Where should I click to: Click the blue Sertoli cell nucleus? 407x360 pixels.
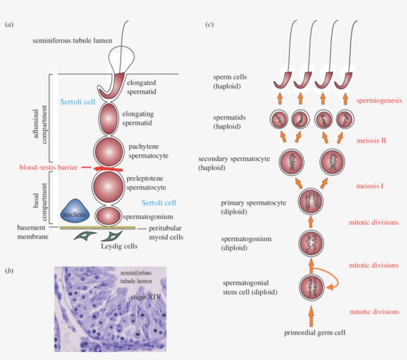(75, 213)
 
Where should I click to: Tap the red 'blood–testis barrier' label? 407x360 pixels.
(48, 168)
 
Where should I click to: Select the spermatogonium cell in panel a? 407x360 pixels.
(108, 216)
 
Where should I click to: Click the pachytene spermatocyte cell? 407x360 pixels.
(108, 151)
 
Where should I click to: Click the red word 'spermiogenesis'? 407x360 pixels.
(378, 100)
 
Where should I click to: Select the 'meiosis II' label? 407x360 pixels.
(371, 140)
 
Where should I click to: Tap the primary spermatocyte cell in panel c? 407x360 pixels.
(311, 202)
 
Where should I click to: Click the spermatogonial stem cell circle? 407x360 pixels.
(311, 287)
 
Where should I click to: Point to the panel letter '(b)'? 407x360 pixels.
(9, 271)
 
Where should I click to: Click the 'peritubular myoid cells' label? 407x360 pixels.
(166, 233)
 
